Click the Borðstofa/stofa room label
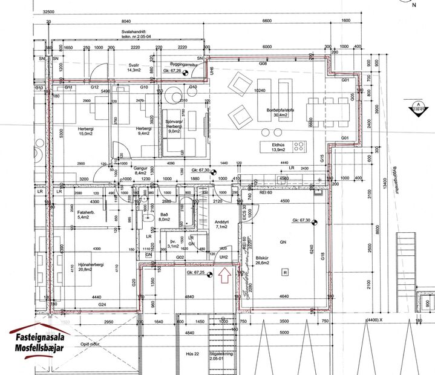point(279,111)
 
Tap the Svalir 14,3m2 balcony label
point(134,67)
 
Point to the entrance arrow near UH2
point(224,277)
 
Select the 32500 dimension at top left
point(54,11)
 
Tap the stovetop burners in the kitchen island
point(298,146)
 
